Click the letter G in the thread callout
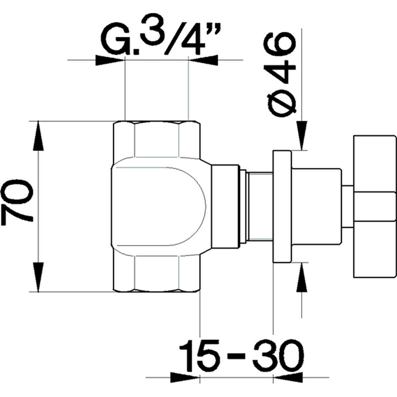click(117, 40)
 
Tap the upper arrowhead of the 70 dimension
click(39, 133)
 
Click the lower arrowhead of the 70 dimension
click(39, 278)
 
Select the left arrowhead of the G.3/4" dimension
click(110, 59)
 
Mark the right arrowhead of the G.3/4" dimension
click(201, 59)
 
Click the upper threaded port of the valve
click(157, 139)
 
